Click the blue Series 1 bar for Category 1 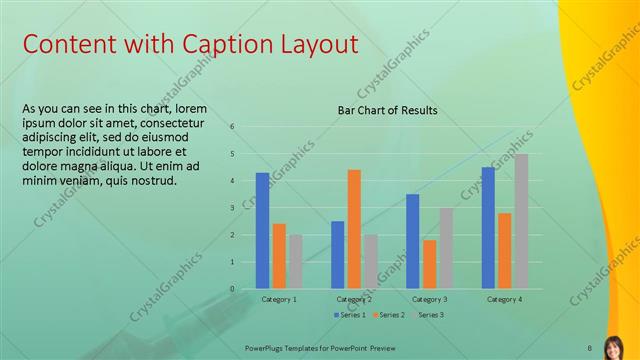(x=262, y=231)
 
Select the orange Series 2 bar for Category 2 (x=354, y=229)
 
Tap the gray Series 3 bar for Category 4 (x=521, y=221)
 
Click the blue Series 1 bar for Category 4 (x=488, y=228)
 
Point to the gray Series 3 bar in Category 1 (x=296, y=262)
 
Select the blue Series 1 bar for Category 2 (x=338, y=255)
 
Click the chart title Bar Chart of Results (x=386, y=110)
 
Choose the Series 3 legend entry (x=427, y=315)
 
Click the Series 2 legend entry (x=388, y=315)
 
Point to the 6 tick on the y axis (x=232, y=127)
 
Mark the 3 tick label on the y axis (x=232, y=208)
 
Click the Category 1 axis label (x=279, y=299)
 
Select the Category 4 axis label (x=504, y=299)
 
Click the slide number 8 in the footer (x=590, y=347)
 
